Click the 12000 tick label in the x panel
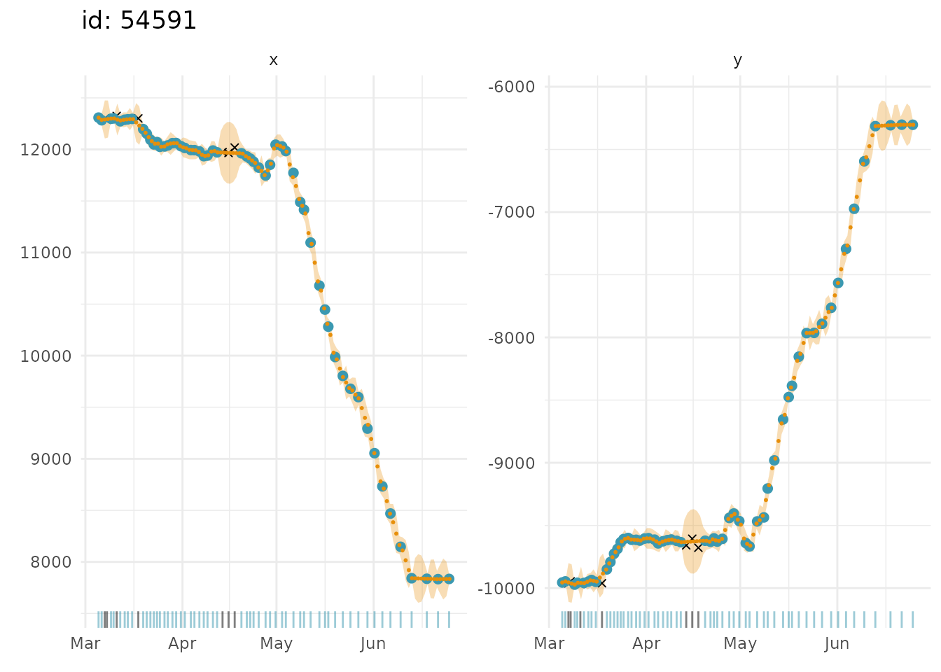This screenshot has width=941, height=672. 46,150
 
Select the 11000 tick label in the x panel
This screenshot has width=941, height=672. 46,253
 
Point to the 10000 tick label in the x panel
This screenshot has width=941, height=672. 46,356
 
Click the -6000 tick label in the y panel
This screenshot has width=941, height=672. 512,87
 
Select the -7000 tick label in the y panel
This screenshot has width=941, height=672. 512,212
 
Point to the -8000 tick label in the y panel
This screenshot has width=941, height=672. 512,337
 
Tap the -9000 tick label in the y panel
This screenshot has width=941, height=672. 512,463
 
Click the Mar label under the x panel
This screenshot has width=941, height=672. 85,644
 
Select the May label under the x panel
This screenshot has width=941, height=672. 276,644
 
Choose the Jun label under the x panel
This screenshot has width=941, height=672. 373,644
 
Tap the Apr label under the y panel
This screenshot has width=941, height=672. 646,644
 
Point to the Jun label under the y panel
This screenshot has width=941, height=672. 837,644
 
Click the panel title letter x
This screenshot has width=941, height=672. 273,61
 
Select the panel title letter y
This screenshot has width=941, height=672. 737,61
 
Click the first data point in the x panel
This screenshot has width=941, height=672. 98,118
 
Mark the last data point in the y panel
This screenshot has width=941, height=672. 913,125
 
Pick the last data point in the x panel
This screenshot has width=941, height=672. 449,579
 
